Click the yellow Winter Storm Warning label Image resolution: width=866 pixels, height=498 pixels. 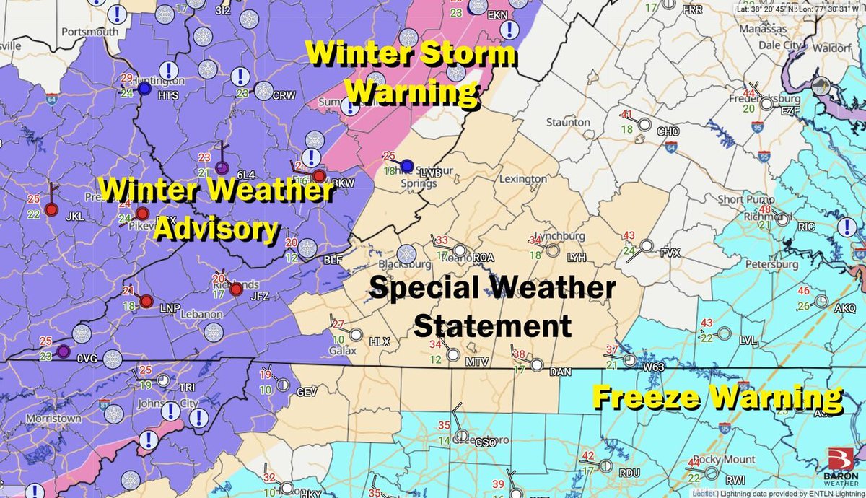point(410,72)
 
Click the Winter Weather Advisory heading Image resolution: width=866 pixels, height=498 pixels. point(216,209)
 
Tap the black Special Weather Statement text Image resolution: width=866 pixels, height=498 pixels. point(492,307)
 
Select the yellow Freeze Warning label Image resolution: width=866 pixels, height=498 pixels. point(717,397)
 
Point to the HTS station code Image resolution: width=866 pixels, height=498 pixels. point(167,95)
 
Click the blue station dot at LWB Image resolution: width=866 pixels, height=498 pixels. point(406,165)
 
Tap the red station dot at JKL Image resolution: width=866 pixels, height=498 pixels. point(51,209)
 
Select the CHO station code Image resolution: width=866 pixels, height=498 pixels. point(668,132)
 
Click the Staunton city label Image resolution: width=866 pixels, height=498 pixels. point(568,123)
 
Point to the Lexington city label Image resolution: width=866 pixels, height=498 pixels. point(522,178)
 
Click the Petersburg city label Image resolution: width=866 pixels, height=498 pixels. point(773,264)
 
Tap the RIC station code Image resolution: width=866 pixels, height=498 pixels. point(806,227)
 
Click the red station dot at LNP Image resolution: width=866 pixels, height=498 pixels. point(146,301)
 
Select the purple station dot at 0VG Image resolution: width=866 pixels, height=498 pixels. point(63,351)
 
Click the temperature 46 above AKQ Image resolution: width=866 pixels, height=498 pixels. point(804,291)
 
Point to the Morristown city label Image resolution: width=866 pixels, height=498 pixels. point(53,419)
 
